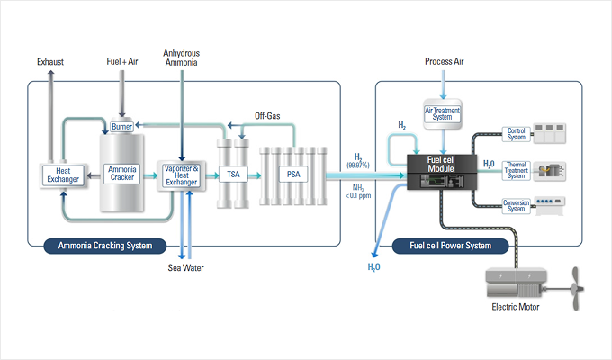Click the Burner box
point(121,127)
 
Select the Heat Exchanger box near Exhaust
point(62,174)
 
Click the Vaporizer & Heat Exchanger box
point(182,174)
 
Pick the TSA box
point(232,174)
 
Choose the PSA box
point(293,174)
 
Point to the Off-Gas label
point(268,116)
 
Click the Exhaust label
point(50,62)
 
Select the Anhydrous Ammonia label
point(182,58)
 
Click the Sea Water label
point(186,267)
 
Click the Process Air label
point(443,61)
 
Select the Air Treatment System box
point(443,112)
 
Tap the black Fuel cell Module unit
point(441,171)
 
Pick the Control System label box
point(516,134)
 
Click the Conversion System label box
point(516,205)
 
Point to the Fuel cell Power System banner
point(451,245)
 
